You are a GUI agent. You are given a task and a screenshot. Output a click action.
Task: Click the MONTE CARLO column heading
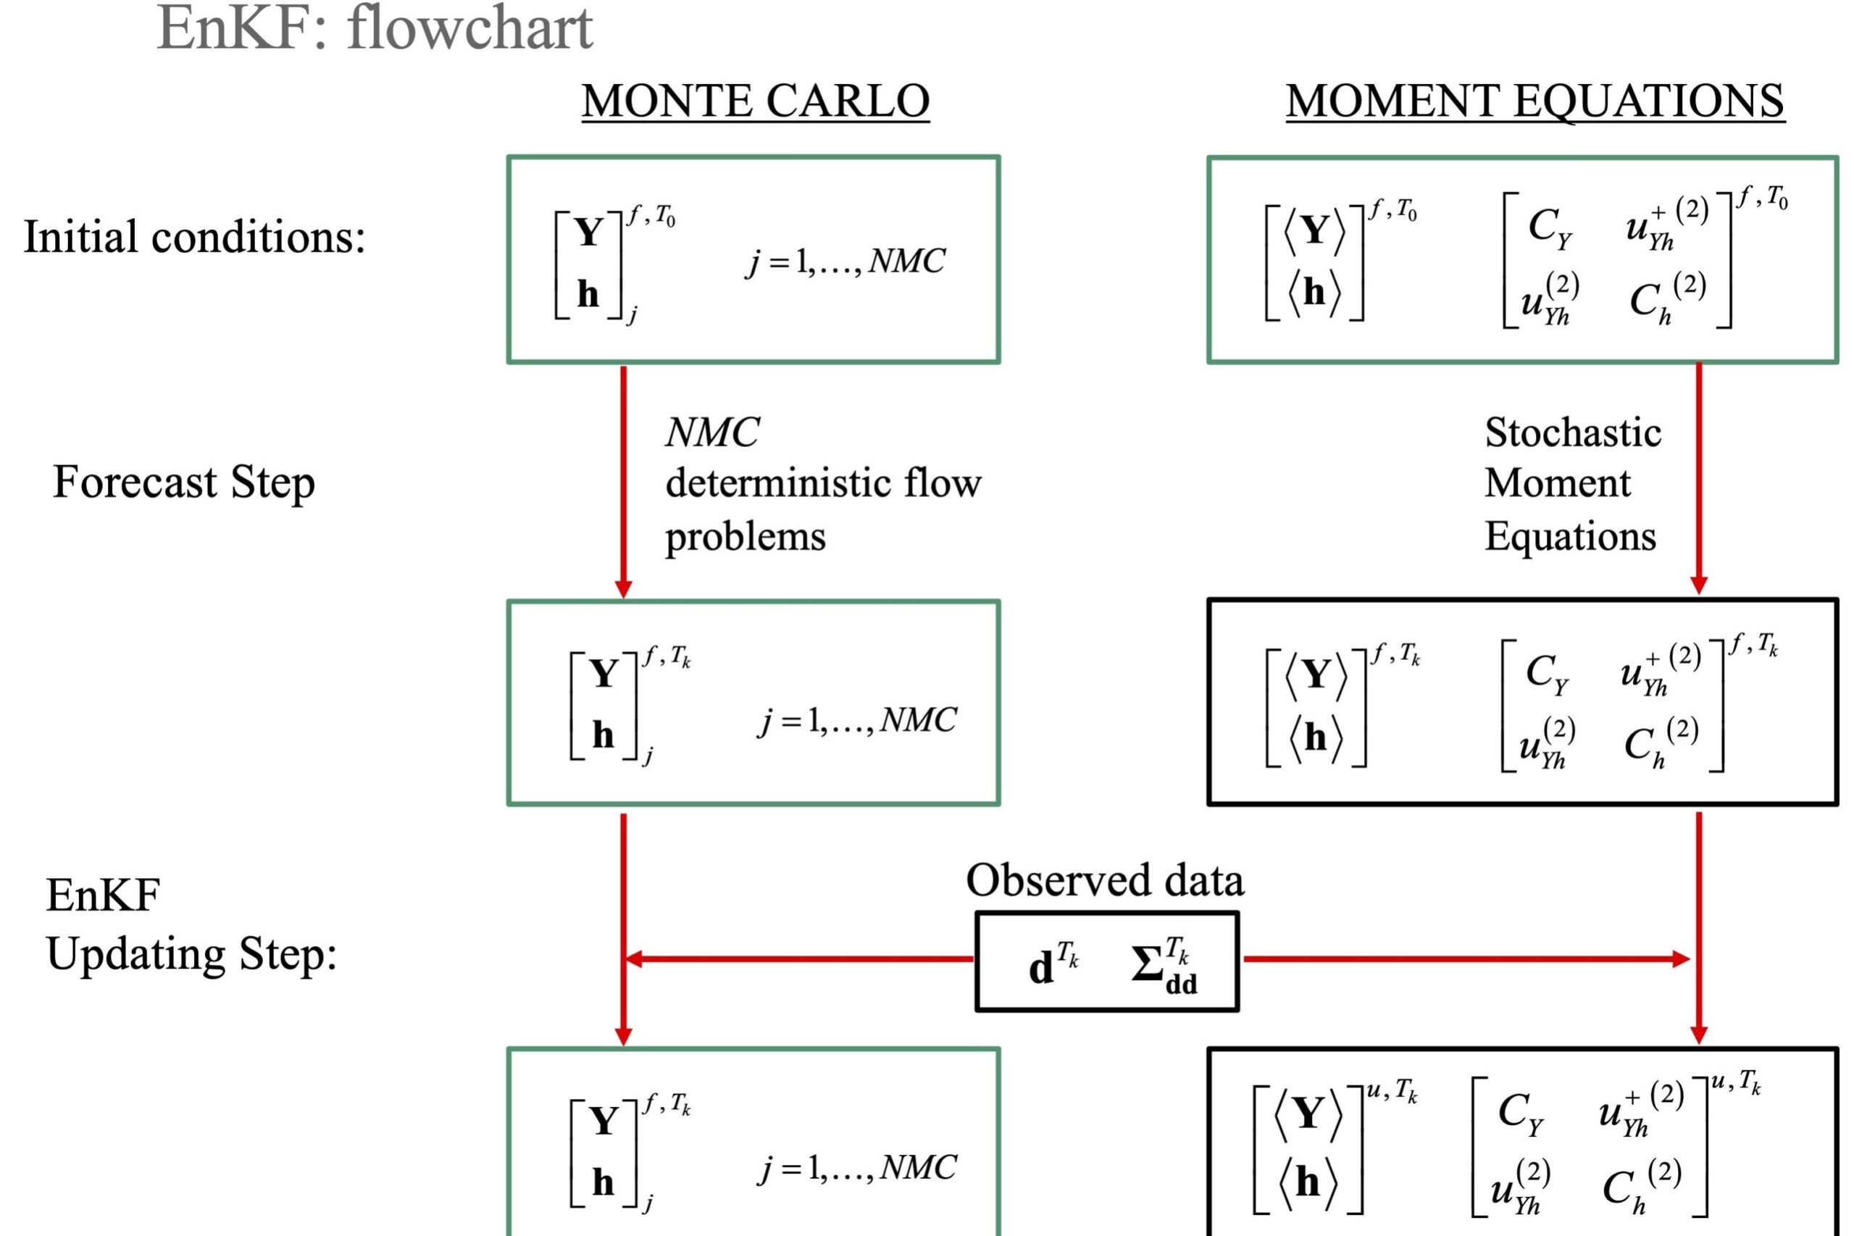click(755, 101)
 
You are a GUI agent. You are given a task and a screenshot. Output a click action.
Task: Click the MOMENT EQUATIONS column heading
click(1534, 101)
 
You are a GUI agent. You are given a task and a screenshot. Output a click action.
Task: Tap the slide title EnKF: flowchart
click(375, 28)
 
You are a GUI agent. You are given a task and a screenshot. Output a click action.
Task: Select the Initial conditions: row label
click(195, 236)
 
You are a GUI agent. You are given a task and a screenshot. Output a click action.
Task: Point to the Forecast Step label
click(184, 482)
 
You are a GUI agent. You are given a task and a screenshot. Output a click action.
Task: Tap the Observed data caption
click(1104, 880)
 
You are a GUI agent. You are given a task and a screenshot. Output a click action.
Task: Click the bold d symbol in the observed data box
click(1040, 967)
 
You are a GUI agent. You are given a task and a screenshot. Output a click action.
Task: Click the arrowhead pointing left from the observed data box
click(633, 959)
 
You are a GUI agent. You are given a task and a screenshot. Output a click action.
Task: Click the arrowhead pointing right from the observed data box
click(1681, 959)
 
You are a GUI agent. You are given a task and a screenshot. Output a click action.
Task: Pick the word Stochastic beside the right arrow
click(1573, 432)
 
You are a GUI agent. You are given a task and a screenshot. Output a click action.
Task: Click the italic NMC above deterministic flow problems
click(711, 432)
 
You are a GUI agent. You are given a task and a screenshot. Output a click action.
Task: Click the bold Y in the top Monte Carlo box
click(589, 233)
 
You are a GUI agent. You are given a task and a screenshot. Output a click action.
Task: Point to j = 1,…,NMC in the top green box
click(845, 261)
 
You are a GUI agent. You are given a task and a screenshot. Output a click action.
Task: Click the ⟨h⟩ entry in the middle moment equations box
click(1315, 737)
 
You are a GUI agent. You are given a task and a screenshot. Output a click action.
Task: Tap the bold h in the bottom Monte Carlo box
click(603, 1182)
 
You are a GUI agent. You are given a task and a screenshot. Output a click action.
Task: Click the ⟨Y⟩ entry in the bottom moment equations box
click(1308, 1114)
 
